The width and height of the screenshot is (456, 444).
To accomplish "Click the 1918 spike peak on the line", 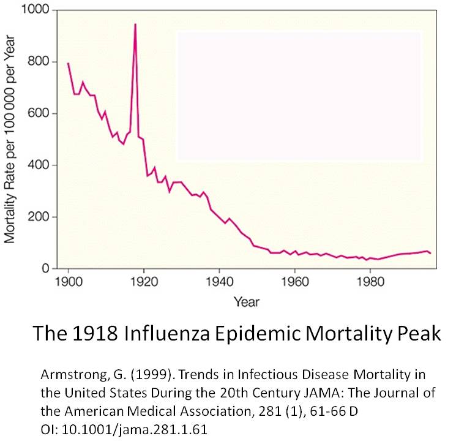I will click(135, 24).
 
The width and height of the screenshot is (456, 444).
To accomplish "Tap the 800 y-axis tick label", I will click(43, 62).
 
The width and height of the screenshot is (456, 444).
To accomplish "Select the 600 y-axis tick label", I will click(43, 114).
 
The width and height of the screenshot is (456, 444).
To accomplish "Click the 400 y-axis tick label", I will click(43, 165).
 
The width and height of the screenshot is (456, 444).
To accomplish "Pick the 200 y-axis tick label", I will click(43, 217).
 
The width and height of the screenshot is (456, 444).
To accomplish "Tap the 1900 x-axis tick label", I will click(68, 284).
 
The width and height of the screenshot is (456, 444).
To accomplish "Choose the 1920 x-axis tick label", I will click(144, 284).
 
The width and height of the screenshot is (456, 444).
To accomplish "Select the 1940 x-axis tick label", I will click(219, 284).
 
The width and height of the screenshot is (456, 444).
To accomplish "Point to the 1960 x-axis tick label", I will click(294, 284).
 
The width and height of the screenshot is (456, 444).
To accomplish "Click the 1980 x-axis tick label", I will click(370, 284).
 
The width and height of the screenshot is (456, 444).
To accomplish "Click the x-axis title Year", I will click(246, 302).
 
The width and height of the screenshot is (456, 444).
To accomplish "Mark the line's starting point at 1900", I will click(68, 63).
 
